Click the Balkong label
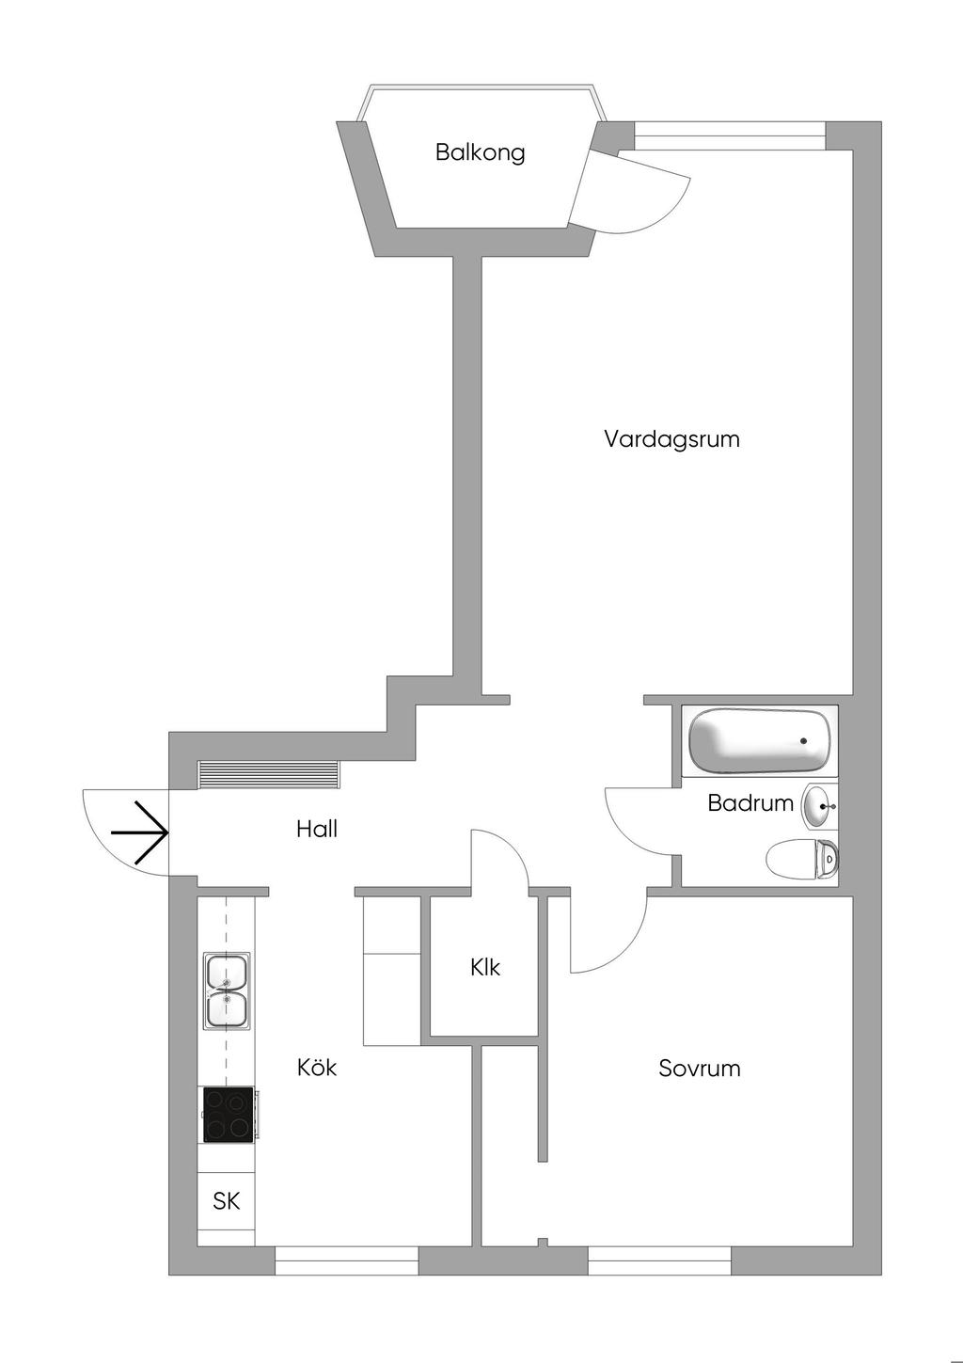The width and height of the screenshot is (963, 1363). click(480, 152)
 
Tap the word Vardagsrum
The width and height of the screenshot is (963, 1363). click(671, 439)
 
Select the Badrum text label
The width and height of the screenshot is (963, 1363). click(750, 803)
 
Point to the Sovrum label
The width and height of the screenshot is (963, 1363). click(699, 1069)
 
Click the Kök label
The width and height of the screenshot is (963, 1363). click(317, 1068)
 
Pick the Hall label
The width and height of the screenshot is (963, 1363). click(317, 830)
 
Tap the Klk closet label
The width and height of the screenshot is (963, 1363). click(485, 967)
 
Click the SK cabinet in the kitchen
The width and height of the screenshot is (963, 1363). click(227, 1201)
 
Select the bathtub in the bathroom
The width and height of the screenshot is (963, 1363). click(760, 740)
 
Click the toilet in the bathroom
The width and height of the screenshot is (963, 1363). click(802, 859)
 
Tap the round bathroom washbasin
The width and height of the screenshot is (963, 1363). click(816, 806)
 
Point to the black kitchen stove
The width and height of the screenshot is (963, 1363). click(229, 1115)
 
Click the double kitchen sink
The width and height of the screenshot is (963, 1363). click(228, 991)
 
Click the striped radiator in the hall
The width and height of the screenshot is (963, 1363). click(268, 774)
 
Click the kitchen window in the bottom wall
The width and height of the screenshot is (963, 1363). click(346, 1260)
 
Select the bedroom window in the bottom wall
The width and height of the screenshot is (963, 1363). click(659, 1260)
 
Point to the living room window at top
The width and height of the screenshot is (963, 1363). click(730, 135)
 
